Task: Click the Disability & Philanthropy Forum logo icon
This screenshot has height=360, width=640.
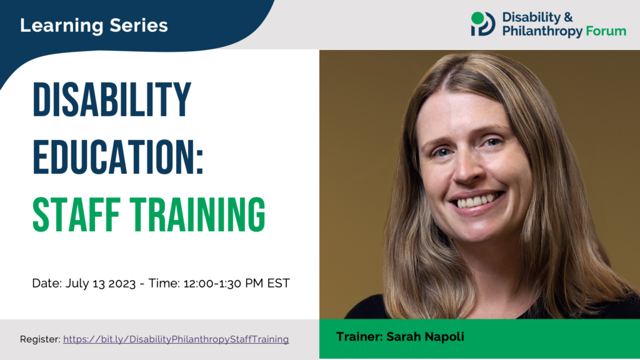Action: (x=482, y=24)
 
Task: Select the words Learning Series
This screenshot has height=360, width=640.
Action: (x=94, y=26)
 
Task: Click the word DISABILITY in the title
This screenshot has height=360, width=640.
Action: (x=112, y=101)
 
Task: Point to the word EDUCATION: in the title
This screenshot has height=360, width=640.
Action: (x=118, y=157)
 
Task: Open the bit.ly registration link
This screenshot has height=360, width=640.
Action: (x=176, y=339)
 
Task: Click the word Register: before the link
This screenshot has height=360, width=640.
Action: (x=40, y=339)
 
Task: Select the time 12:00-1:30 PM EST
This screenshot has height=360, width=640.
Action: (x=236, y=283)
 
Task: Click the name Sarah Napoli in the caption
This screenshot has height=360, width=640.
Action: (x=426, y=337)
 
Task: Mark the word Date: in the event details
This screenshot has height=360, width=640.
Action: (x=47, y=283)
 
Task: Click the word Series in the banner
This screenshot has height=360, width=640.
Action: (x=139, y=26)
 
